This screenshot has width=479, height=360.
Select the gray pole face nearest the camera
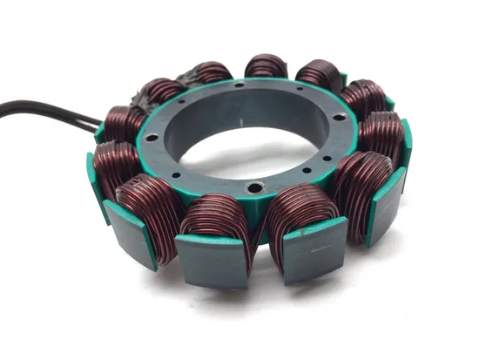(x=213, y=261)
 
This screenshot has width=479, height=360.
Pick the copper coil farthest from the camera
(x=266, y=65)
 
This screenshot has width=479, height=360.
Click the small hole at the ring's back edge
(x=237, y=85)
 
